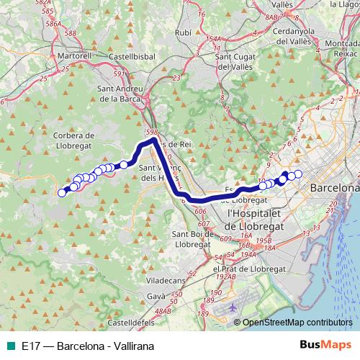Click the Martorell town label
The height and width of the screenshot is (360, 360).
coord(74,55)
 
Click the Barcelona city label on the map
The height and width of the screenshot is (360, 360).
coord(333,187)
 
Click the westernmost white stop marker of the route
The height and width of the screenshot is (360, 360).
coord(62,192)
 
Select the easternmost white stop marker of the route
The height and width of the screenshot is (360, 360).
coord(298,174)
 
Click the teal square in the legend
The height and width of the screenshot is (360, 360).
coord(12,346)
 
